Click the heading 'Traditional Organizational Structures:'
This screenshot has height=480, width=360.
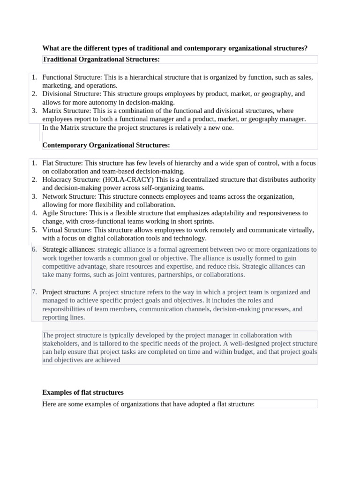click(101, 60)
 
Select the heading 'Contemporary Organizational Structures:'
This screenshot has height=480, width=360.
click(106, 145)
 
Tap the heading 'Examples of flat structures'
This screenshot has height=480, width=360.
click(83, 392)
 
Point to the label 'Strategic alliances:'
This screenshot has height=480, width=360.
click(69, 250)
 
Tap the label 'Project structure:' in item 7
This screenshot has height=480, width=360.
click(66, 292)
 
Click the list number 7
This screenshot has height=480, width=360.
click(34, 292)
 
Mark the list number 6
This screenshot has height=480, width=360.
click(34, 250)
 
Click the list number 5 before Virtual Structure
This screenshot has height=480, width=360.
click(34, 230)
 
